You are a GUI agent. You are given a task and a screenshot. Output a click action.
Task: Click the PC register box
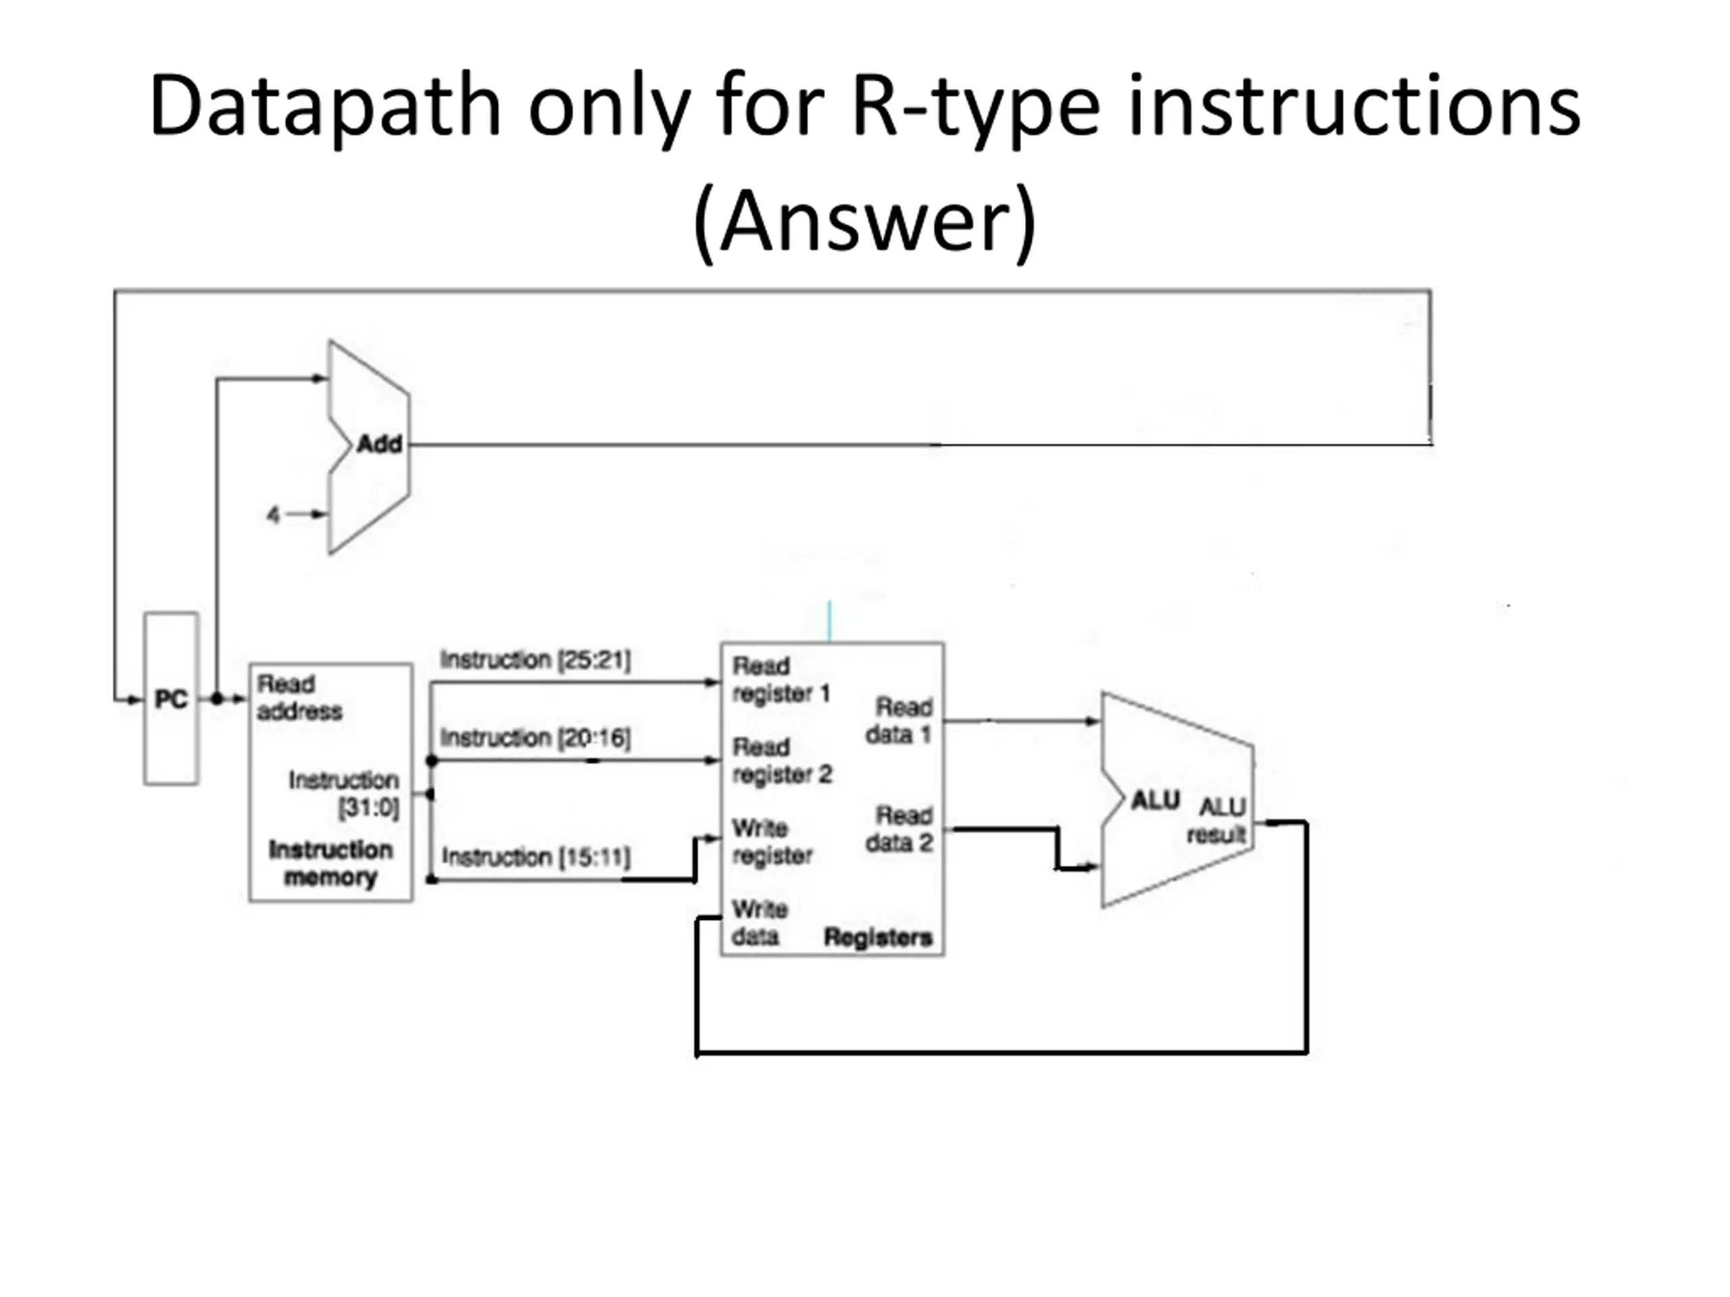coord(170,698)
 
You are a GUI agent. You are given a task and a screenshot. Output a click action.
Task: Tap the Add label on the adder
coord(379,444)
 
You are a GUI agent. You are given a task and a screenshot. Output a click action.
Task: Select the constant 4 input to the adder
coord(273,515)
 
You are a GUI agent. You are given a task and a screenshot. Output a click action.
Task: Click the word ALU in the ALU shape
coord(1154,800)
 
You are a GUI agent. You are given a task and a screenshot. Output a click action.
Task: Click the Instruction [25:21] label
coord(535,659)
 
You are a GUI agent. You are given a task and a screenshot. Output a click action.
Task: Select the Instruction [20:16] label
coord(535,736)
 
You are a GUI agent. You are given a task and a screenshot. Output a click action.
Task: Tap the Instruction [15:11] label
coord(536,857)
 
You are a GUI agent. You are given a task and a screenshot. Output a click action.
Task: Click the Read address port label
coord(299,697)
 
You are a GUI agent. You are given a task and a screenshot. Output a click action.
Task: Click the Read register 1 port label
coord(780,680)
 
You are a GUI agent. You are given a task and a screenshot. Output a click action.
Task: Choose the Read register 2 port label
coord(781,760)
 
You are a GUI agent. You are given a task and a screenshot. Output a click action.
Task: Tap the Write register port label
coord(772,841)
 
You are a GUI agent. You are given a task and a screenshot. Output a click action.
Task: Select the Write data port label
coord(759,923)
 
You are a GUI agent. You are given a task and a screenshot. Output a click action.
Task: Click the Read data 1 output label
coord(899,720)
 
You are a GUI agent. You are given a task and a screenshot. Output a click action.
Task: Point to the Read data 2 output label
coord(899,829)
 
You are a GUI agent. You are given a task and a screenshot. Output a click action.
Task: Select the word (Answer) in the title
coord(864,222)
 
